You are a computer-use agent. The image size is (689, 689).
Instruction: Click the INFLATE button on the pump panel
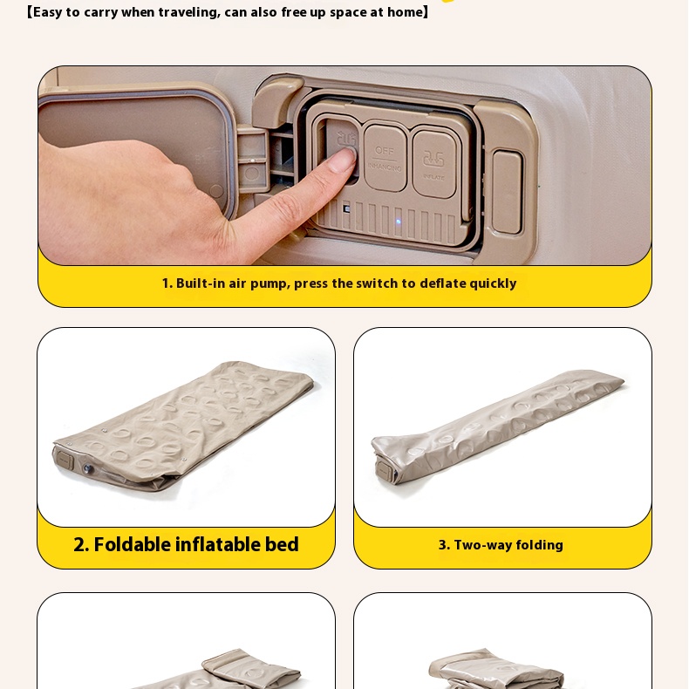(x=434, y=164)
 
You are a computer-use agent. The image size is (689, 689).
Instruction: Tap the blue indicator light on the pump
(x=399, y=222)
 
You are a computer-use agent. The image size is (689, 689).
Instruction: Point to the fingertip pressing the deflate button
(x=345, y=158)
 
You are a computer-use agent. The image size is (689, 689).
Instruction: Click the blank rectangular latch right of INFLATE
(x=507, y=192)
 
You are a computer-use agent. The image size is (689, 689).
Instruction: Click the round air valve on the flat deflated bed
(x=88, y=469)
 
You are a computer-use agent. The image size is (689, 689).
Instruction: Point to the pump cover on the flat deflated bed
(x=65, y=460)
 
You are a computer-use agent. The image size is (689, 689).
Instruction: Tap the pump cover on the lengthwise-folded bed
(x=384, y=470)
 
